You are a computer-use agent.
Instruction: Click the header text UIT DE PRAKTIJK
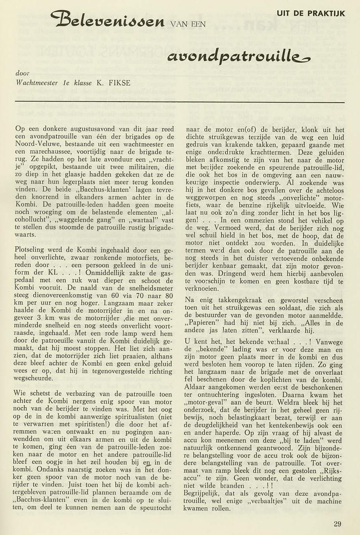click(x=310, y=14)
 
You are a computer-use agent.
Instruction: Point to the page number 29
click(x=337, y=524)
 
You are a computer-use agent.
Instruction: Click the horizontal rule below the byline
click(x=179, y=102)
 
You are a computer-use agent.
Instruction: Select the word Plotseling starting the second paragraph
click(x=32, y=249)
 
